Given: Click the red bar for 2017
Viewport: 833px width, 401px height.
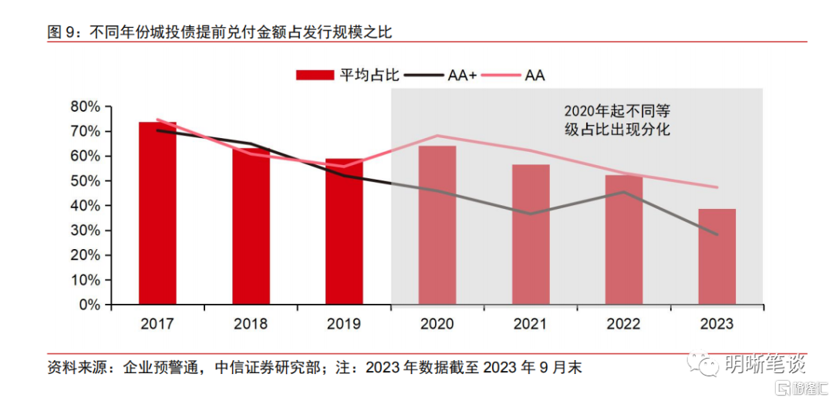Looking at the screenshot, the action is point(157,214).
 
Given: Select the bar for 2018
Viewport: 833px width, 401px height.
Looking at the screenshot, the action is point(251,227).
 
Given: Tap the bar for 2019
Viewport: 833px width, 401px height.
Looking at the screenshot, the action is point(344,231).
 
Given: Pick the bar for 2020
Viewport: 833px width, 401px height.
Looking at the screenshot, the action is point(437,225).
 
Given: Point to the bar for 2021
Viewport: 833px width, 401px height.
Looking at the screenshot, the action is point(531,234).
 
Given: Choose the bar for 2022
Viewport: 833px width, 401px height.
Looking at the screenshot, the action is point(624,240).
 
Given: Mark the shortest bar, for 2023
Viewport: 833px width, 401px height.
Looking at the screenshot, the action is point(717,257).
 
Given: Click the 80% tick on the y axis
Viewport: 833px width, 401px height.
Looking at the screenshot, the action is point(85,106).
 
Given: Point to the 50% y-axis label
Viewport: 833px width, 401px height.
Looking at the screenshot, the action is point(85,181).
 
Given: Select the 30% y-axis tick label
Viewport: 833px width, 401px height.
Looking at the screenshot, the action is point(85,231).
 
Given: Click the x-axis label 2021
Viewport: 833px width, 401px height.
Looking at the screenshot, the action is point(531,324).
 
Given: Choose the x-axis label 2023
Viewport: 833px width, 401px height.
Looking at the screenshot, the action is point(717,324).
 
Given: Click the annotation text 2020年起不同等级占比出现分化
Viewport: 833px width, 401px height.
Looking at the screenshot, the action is point(617,120).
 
